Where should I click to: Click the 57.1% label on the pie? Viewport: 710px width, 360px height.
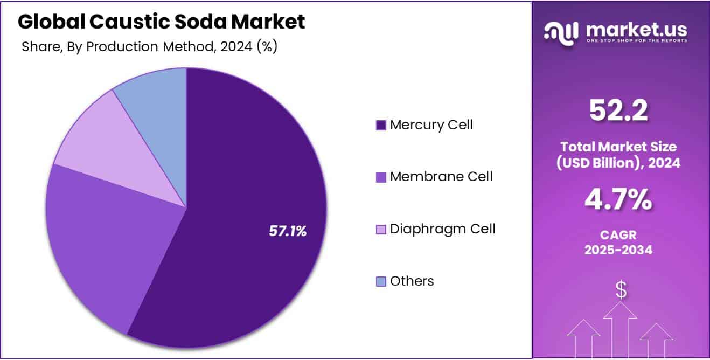pyautogui.click(x=288, y=231)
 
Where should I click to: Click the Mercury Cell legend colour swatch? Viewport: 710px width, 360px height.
pyautogui.click(x=381, y=126)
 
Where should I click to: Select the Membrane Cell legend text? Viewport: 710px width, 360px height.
pyautogui.click(x=441, y=176)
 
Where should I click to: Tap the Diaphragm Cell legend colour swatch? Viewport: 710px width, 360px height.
pyautogui.click(x=381, y=230)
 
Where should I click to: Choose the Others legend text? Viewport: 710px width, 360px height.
pyautogui.click(x=412, y=281)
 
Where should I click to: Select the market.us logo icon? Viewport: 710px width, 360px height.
pyautogui.click(x=562, y=32)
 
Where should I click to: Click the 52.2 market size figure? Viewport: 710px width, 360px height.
pyautogui.click(x=618, y=111)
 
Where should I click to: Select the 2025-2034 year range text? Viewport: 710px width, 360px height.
pyautogui.click(x=618, y=250)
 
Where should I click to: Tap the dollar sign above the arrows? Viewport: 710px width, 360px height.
pyautogui.click(x=621, y=290)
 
